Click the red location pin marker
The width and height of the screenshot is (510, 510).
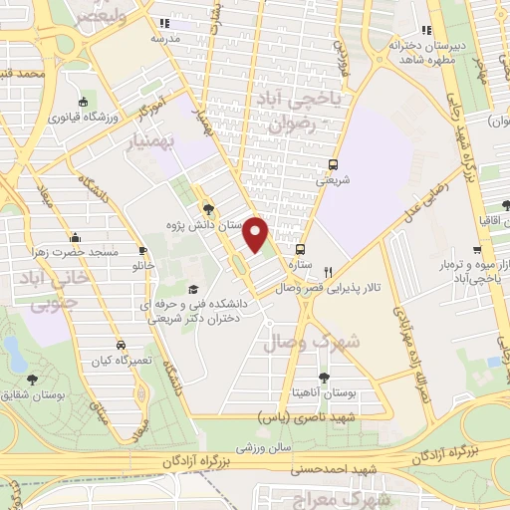[x=257, y=235]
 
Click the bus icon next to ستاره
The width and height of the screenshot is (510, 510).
[x=300, y=250]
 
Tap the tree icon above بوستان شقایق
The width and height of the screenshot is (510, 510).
[x=34, y=379]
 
